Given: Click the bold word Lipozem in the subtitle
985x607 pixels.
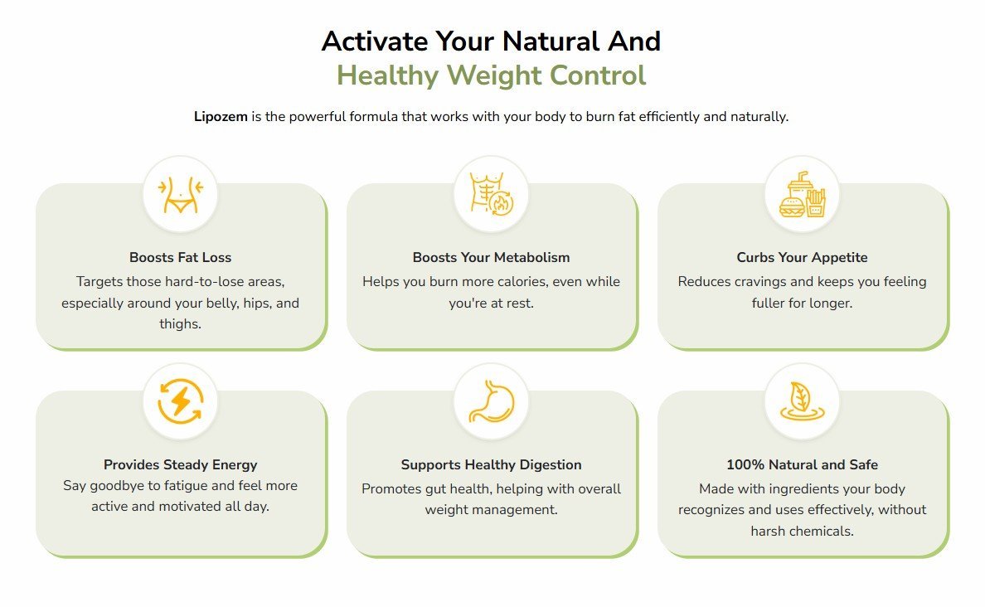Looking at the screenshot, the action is (221, 117).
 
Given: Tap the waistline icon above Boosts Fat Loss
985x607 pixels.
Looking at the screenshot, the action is (180, 195).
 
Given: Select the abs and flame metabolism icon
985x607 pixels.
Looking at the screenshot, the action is (491, 194).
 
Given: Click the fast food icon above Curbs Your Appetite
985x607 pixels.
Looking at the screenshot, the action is (803, 194).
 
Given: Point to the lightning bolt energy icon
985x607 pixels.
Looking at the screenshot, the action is (180, 401).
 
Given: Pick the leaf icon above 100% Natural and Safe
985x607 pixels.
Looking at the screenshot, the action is (803, 401).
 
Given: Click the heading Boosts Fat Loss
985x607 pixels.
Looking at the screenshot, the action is (180, 258).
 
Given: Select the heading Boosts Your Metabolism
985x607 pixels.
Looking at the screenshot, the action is (491, 258).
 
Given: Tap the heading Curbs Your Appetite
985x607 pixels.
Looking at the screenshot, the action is (803, 258).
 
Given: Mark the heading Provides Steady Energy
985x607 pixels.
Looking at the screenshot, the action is (180, 465).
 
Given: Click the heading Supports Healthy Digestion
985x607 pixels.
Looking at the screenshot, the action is (491, 465).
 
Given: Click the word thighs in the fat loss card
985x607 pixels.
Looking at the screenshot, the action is (178, 324).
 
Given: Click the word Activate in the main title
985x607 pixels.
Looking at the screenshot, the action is (375, 41).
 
